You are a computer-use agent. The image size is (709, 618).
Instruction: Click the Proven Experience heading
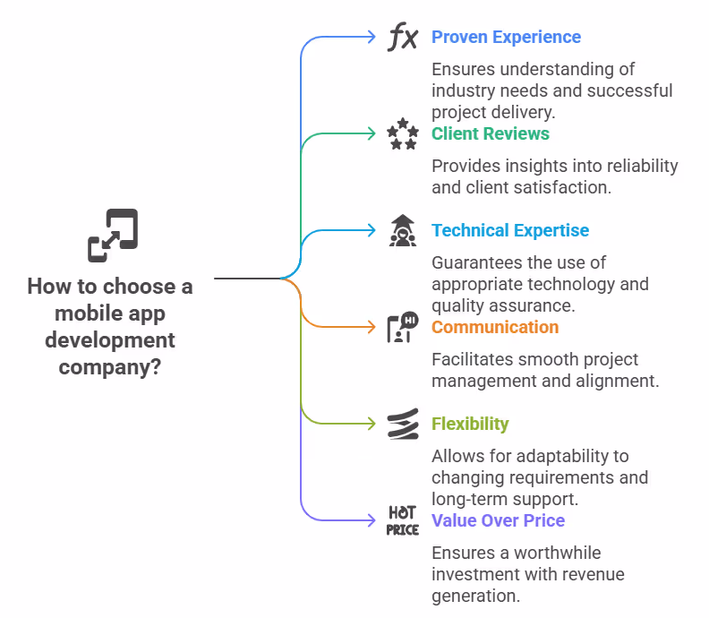tap(506, 38)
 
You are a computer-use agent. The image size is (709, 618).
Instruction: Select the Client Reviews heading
tap(490, 134)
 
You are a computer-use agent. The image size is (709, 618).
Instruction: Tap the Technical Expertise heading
tap(510, 231)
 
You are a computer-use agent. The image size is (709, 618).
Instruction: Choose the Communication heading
tap(494, 328)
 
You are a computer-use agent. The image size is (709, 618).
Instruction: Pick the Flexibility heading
tap(470, 425)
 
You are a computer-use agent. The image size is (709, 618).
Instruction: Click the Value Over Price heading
tap(498, 521)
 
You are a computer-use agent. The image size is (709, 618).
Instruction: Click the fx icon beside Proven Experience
tap(403, 38)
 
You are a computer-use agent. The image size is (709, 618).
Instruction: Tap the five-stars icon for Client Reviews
tap(403, 134)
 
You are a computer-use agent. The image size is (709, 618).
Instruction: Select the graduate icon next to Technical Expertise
tap(403, 231)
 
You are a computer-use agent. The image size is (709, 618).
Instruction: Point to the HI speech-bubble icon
tap(403, 328)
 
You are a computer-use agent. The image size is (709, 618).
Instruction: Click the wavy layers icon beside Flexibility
tap(403, 425)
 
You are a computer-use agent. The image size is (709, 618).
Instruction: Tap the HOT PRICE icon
tap(403, 521)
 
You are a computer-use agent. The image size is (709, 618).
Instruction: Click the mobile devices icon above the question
tap(113, 235)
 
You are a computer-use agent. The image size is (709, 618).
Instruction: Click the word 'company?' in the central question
tap(110, 366)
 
